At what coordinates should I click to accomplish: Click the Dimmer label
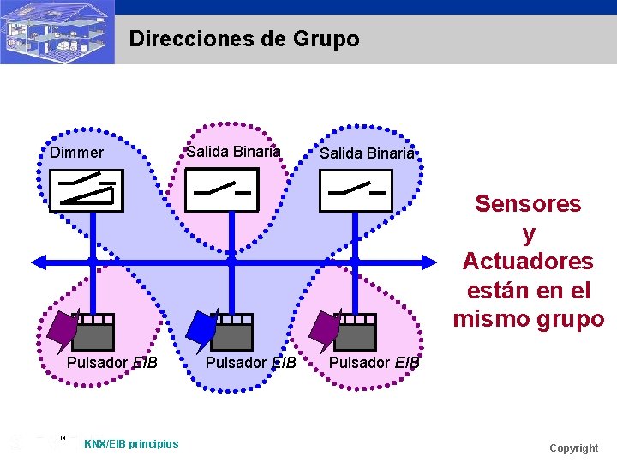[x=77, y=153]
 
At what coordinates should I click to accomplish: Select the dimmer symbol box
[x=87, y=190]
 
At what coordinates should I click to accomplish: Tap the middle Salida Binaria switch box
[x=222, y=189]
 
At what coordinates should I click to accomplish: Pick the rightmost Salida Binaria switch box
[x=356, y=190]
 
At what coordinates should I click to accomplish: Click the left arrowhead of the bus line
[x=39, y=262]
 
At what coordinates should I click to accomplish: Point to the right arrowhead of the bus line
[x=429, y=262]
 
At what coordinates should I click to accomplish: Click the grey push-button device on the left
[x=93, y=332]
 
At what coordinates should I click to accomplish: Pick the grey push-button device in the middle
[x=231, y=332]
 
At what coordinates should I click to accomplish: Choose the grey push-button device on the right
[x=356, y=332]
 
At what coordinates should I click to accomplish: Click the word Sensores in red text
[x=528, y=203]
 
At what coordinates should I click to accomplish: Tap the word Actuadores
[x=528, y=261]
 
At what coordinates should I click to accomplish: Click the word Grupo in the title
[x=326, y=39]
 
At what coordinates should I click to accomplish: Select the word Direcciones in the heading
[x=192, y=39]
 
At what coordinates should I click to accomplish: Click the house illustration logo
[x=57, y=32]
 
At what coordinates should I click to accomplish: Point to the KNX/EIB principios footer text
[x=131, y=444]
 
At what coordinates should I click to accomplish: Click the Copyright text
[x=574, y=448]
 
